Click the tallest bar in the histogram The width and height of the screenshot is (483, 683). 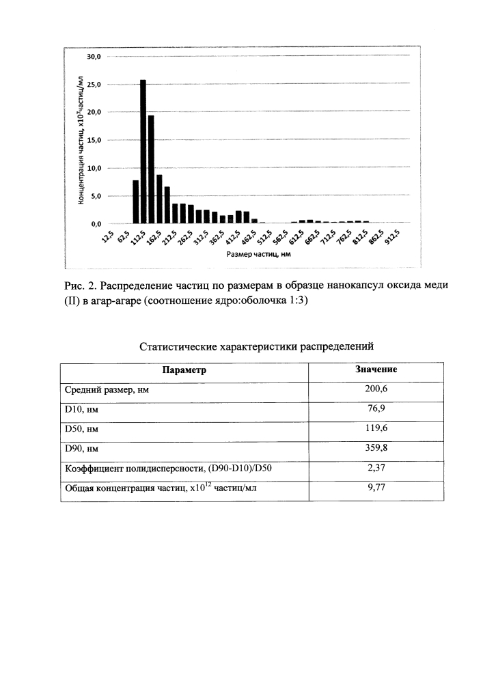coord(143,152)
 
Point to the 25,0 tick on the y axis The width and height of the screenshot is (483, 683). coord(93,85)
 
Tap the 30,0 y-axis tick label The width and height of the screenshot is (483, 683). coord(93,57)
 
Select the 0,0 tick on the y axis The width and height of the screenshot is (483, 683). coord(94,224)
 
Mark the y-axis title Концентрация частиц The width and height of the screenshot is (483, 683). coord(81,141)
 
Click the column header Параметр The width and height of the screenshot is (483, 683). coord(184,370)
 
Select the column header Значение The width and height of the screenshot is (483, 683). coord(376,370)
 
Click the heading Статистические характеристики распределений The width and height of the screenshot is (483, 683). coord(257,346)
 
